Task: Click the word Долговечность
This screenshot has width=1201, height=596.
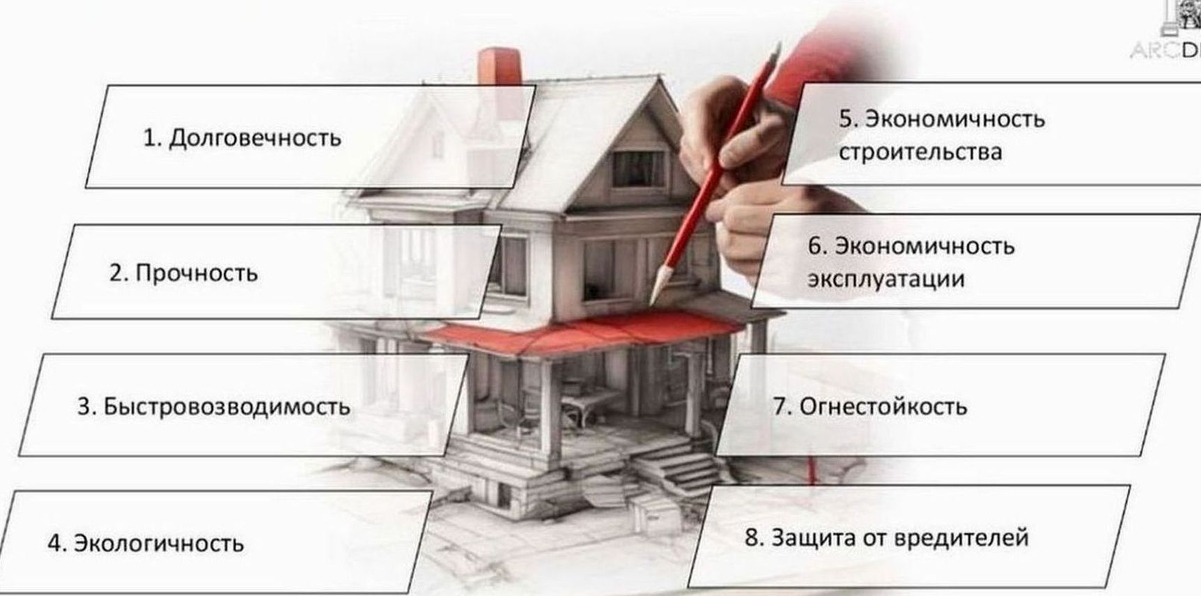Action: click(255, 138)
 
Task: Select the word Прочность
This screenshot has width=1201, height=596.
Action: click(196, 273)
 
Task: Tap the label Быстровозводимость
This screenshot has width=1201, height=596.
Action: click(226, 406)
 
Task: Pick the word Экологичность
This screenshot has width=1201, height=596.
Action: click(159, 543)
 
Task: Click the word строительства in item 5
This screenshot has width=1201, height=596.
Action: click(920, 153)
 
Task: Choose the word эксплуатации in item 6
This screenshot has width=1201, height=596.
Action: click(886, 280)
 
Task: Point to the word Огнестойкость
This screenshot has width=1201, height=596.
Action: click(883, 406)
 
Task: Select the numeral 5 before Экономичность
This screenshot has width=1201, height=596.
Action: click(846, 119)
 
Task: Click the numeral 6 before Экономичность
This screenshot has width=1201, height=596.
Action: click(815, 246)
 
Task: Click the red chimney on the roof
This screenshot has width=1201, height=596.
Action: click(499, 66)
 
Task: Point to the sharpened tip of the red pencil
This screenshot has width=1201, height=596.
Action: click(653, 303)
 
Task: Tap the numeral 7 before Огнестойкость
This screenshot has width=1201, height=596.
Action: click(780, 406)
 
